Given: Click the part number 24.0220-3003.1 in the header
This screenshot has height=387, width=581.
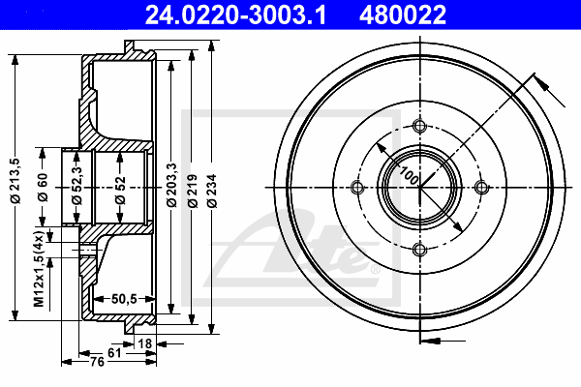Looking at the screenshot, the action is [235, 15].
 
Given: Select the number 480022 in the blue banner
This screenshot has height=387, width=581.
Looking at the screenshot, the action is [403, 15].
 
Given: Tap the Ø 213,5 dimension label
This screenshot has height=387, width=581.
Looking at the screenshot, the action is [16, 181].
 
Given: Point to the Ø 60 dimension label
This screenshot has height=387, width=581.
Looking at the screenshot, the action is [43, 187].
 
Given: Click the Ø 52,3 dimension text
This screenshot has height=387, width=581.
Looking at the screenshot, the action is [76, 185].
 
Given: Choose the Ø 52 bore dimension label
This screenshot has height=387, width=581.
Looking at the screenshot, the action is [120, 191].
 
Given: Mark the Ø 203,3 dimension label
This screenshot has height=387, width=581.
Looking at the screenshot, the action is [171, 185].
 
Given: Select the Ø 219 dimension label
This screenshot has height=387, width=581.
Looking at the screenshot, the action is [193, 191].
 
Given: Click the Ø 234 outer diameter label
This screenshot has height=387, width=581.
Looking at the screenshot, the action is [211, 191].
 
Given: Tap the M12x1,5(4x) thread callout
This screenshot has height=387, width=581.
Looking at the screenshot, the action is [40, 269].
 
